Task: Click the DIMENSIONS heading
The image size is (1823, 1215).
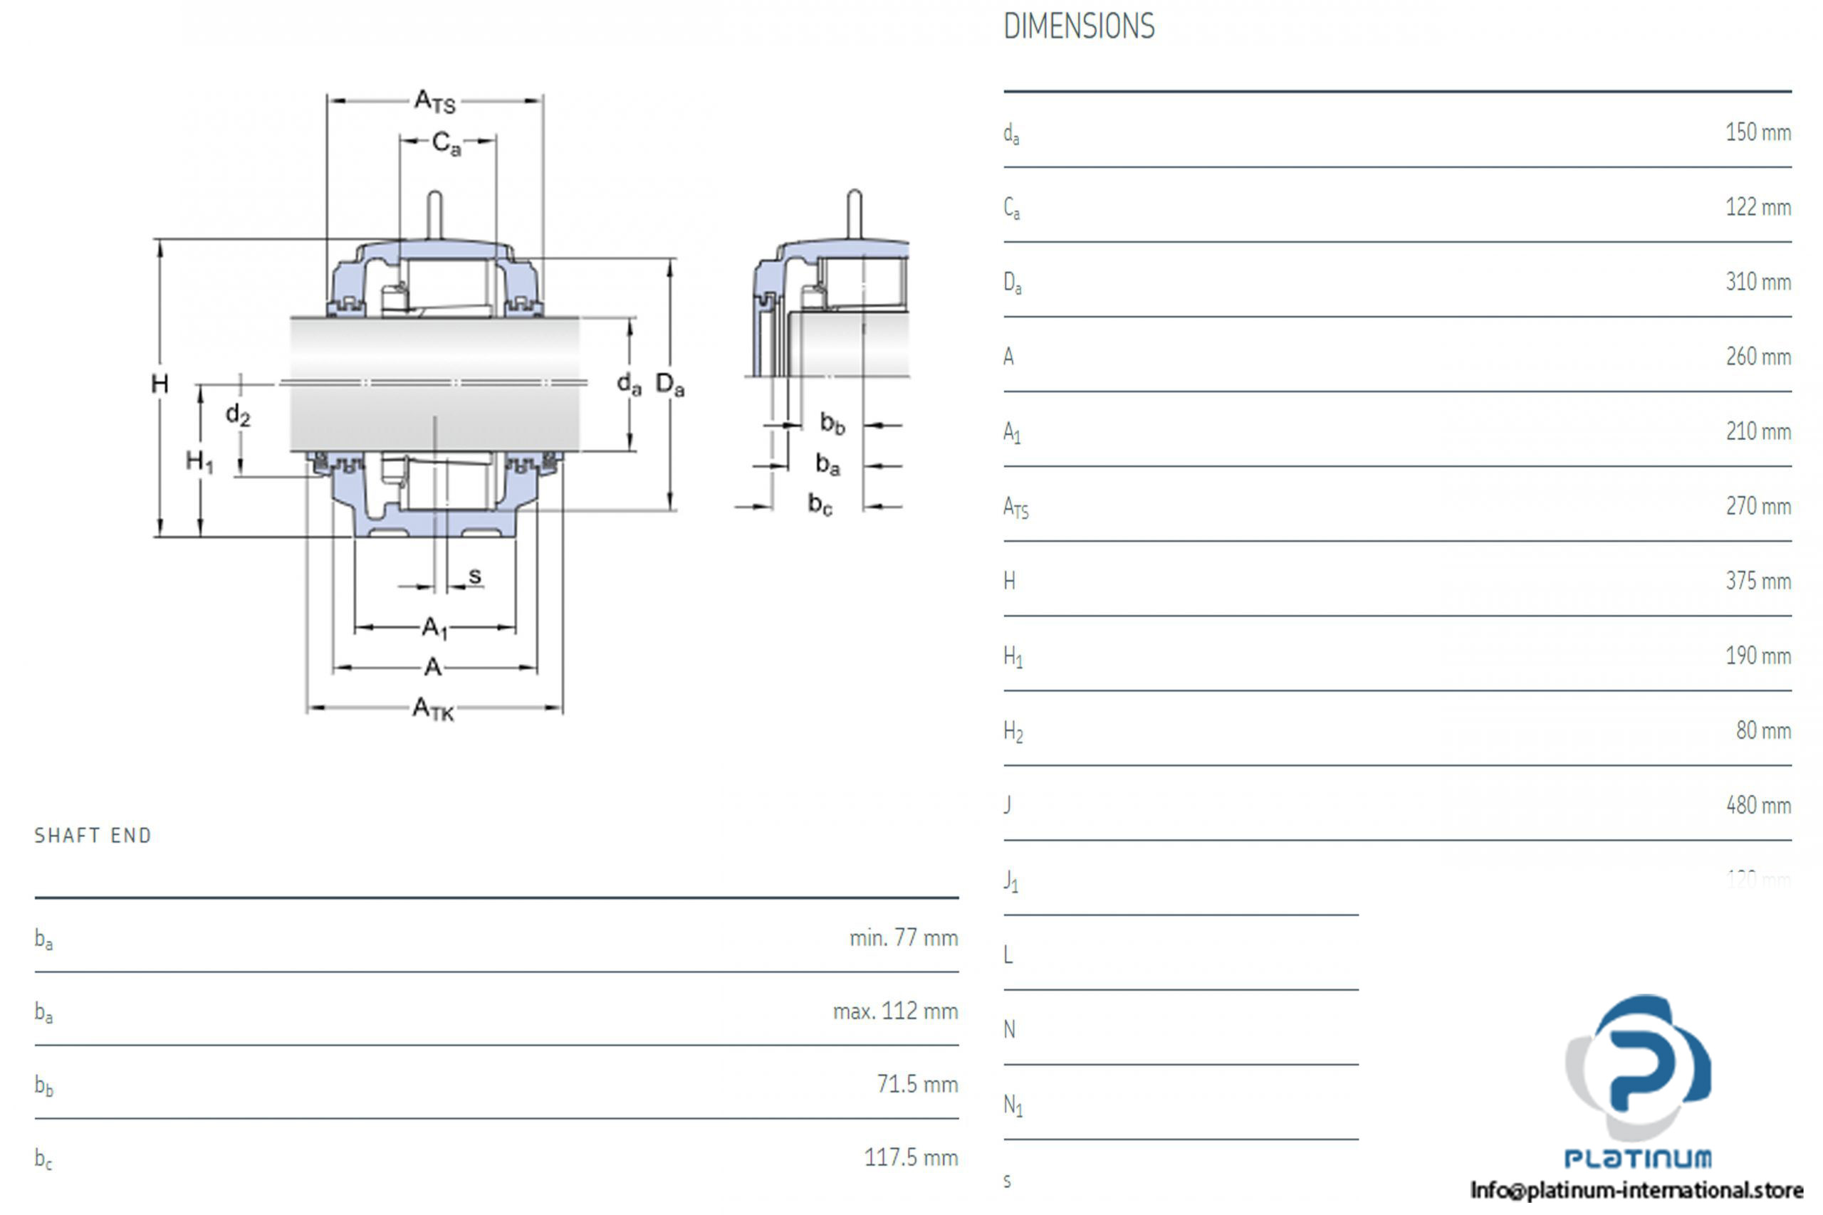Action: pyautogui.click(x=1078, y=27)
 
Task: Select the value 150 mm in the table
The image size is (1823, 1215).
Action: pyautogui.click(x=1757, y=132)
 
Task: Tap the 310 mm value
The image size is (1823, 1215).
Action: pyautogui.click(x=1757, y=282)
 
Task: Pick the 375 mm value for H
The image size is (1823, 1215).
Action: pyautogui.click(x=1757, y=581)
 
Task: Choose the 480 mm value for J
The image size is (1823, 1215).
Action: pyautogui.click(x=1757, y=806)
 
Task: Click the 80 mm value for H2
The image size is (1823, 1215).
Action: pyautogui.click(x=1762, y=731)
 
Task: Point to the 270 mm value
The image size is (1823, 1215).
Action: pyautogui.click(x=1757, y=507)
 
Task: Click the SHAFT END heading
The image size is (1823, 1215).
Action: pyautogui.click(x=93, y=836)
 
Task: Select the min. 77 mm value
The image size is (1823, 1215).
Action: pyautogui.click(x=903, y=938)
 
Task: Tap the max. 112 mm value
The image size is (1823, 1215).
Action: pyautogui.click(x=895, y=1011)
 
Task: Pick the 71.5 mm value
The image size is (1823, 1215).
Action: pyautogui.click(x=917, y=1084)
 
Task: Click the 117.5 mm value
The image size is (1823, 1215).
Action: pyautogui.click(x=911, y=1157)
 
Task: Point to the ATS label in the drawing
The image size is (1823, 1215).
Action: pyautogui.click(x=435, y=101)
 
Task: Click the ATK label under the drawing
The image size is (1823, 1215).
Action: pyautogui.click(x=432, y=708)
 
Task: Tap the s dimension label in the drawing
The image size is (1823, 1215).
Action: pyautogui.click(x=475, y=576)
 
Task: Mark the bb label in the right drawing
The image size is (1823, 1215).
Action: pyautogui.click(x=832, y=423)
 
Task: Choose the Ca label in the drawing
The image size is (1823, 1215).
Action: pyautogui.click(x=446, y=142)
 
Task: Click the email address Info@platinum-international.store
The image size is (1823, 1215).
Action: pyautogui.click(x=1636, y=1189)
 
